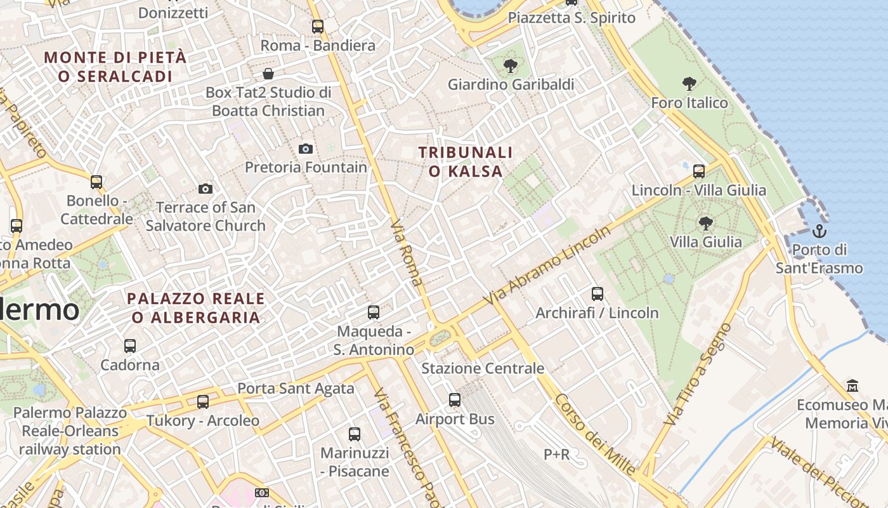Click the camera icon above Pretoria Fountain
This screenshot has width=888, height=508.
306,149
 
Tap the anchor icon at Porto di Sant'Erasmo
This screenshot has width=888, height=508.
819,231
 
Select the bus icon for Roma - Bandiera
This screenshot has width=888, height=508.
318,27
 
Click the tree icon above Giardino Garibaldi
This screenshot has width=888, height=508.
510,65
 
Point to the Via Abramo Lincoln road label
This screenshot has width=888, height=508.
546,265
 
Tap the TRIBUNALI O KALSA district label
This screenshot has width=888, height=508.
466,161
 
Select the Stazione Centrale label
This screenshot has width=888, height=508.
483,368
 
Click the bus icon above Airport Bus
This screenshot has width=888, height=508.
455,400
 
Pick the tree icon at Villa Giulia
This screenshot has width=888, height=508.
705,223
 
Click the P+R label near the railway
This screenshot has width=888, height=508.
556,455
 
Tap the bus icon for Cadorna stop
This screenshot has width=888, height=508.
130,346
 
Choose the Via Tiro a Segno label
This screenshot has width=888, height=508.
698,375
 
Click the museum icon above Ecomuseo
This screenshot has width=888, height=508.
852,385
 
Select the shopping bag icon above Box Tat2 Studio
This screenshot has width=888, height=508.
268,74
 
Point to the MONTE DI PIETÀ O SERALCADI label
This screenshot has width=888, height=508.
115,67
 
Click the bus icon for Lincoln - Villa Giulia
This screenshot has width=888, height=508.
698,171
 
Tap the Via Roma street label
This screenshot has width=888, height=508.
406,253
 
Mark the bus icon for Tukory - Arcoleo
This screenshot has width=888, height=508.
203,401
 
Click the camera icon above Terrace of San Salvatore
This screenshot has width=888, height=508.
205,189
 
